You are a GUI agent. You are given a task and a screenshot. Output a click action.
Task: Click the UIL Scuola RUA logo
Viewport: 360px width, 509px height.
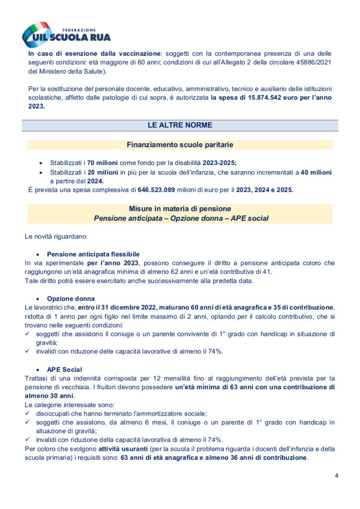click(66, 34)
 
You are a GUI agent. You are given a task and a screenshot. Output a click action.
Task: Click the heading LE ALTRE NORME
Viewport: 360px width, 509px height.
click(180, 125)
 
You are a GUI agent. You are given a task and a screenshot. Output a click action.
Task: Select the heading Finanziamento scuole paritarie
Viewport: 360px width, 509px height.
click(180, 145)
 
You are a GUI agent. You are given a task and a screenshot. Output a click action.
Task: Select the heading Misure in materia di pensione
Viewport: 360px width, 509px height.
click(180, 209)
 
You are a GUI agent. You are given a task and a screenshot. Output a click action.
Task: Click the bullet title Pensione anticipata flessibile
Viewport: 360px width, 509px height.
click(93, 254)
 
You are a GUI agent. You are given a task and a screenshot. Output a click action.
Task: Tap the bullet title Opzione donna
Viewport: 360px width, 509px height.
click(71, 299)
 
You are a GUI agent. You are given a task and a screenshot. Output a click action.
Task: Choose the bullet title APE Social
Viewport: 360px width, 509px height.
click(65, 369)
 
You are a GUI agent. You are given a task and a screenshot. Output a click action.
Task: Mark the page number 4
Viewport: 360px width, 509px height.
click(337, 476)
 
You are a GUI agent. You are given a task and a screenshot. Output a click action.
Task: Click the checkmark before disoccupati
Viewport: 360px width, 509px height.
click(28, 413)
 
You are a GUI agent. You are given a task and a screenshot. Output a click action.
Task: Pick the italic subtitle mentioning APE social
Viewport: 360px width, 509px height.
click(180, 218)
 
